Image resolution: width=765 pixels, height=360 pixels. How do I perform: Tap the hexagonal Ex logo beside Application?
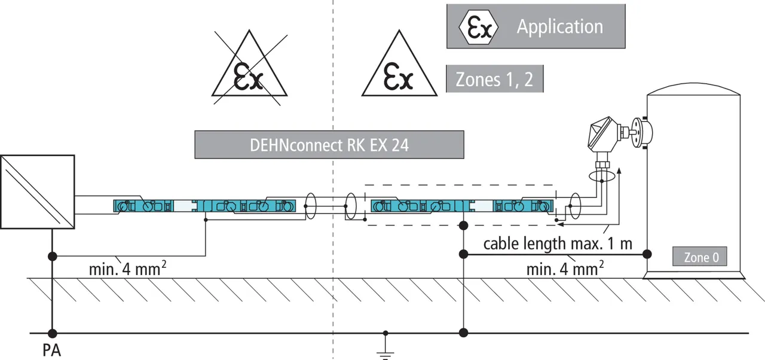pos(477,27)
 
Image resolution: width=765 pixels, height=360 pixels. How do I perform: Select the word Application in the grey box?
pos(559,27)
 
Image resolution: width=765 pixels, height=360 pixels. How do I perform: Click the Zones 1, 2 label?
pos(494,80)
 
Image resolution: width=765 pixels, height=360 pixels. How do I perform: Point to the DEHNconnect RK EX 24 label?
pos(329,145)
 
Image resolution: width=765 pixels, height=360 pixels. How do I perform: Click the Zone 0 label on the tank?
pos(701,258)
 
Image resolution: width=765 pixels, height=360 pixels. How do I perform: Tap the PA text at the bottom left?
pos(51,351)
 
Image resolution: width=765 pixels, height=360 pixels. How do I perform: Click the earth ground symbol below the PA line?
pos(385,347)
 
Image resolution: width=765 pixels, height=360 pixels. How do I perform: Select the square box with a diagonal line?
pos(37,191)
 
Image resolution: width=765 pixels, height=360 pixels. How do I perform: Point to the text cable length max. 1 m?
pos(558,243)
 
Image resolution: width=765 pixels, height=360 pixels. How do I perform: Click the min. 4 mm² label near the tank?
pos(564,269)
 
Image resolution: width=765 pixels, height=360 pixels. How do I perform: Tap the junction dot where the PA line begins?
pos(52,333)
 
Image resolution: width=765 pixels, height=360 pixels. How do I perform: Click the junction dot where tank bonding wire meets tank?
pos(647,254)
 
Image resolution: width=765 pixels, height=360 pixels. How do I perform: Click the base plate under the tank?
pos(693,275)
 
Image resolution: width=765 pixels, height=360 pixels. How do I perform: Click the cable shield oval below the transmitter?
pos(601,178)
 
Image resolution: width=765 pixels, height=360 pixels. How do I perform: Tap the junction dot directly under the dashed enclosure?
pos(463,225)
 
